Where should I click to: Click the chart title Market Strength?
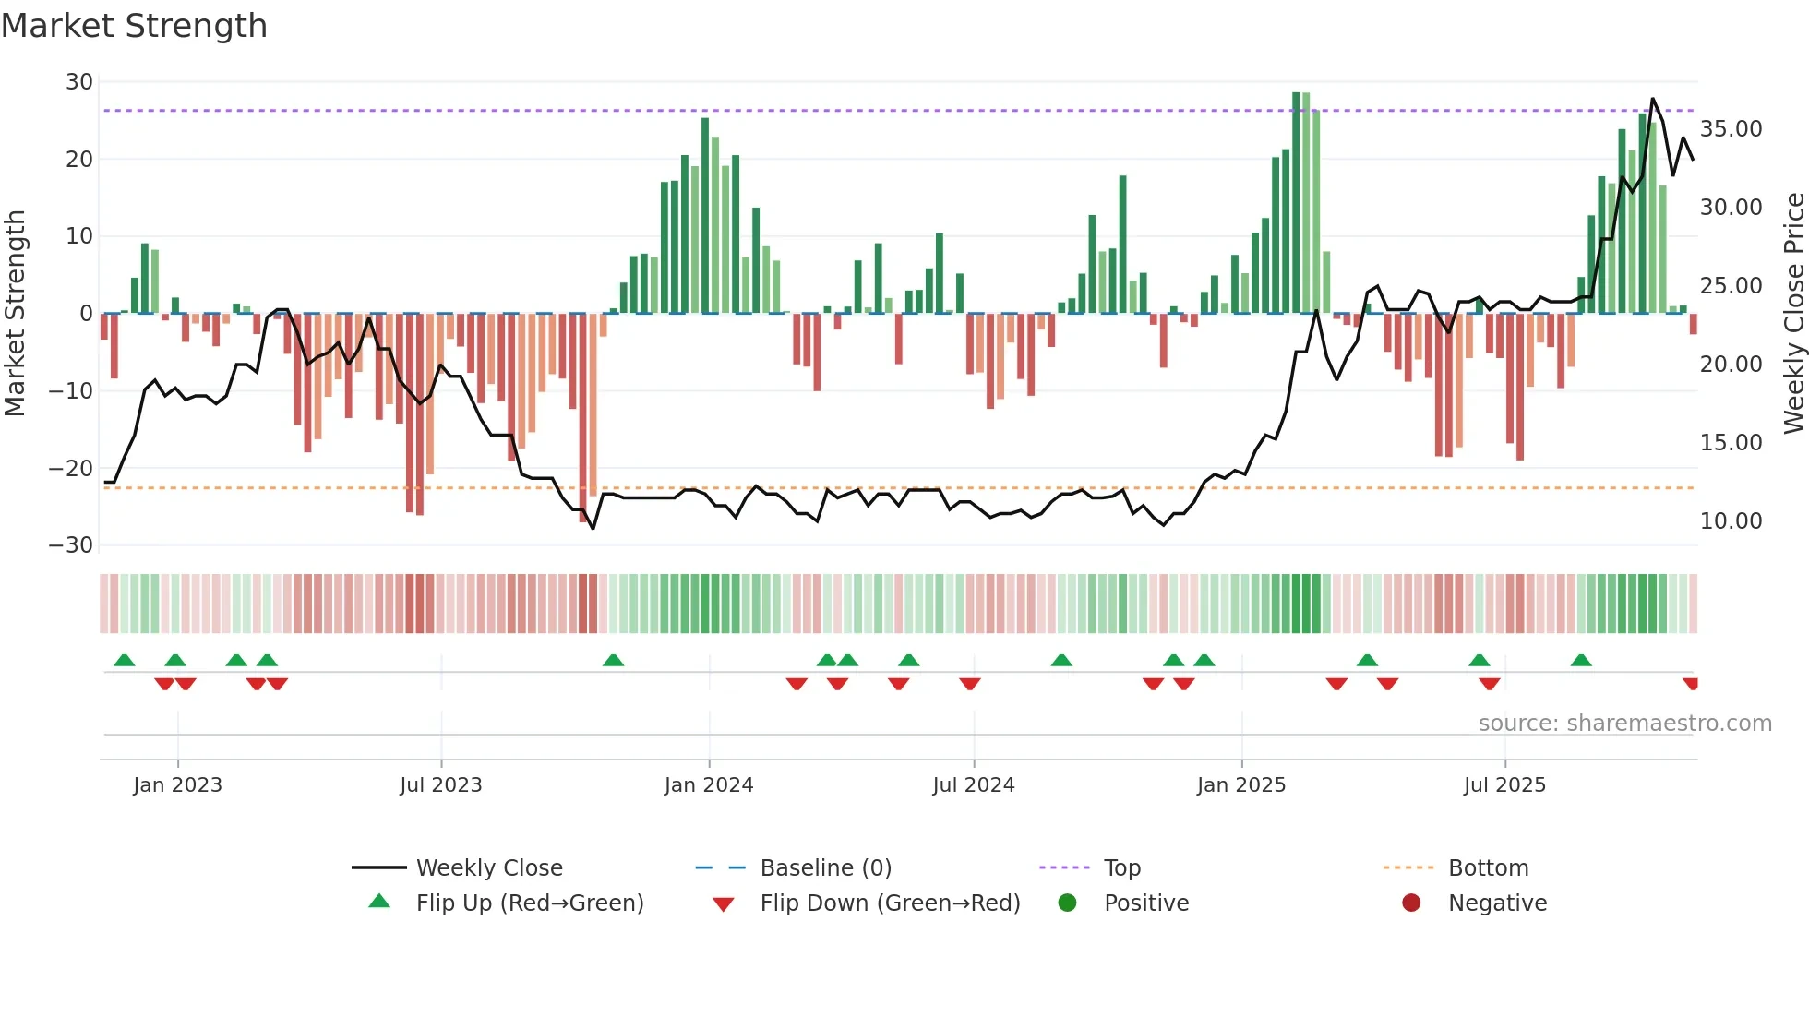tap(134, 26)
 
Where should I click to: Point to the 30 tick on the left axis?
tap(79, 82)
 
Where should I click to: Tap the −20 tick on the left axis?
tap(71, 468)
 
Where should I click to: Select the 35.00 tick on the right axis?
tap(1731, 129)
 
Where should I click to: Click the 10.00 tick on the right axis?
tap(1731, 521)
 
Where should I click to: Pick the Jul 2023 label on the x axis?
tap(440, 785)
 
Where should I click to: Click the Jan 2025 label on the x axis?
tap(1240, 785)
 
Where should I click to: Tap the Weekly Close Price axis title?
tap(1793, 313)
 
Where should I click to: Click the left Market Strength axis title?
tap(16, 313)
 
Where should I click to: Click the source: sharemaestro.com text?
tap(1624, 724)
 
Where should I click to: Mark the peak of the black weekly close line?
tap(1652, 99)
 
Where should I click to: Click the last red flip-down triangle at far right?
tap(1691, 684)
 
